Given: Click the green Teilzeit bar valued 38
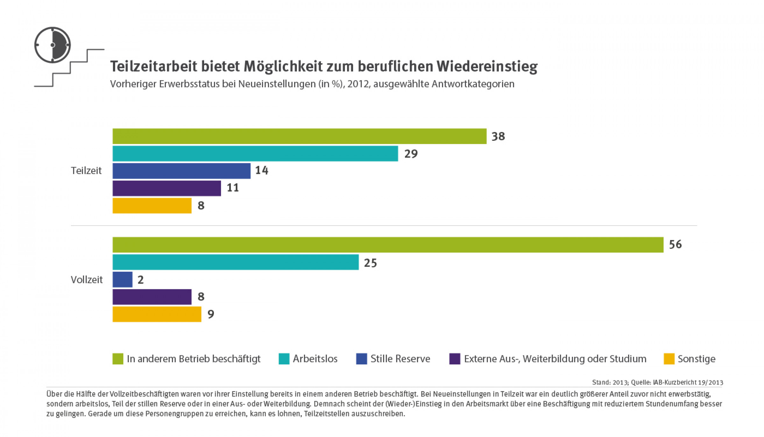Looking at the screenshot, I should [299, 136].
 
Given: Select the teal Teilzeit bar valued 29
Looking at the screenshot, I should [255, 154].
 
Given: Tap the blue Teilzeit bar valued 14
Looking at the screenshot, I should [181, 171].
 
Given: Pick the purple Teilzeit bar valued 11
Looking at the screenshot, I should [166, 188].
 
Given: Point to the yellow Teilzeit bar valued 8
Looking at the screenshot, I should [152, 206].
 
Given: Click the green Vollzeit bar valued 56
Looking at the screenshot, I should [388, 245].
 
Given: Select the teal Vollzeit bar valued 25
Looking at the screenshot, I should [236, 262].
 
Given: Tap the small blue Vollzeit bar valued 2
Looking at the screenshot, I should [123, 279].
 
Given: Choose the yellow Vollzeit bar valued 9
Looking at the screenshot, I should [157, 314].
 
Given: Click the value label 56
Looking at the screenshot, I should [675, 244].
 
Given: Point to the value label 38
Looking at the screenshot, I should [498, 137].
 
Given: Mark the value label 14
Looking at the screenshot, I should [262, 171].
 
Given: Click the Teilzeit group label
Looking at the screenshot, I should [86, 171].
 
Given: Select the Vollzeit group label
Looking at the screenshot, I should [87, 280].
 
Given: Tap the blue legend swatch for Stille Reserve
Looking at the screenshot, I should [361, 359].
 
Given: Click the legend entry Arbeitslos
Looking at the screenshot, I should [315, 359].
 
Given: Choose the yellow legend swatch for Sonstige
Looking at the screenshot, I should [669, 359].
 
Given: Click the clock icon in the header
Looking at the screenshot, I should [53, 45].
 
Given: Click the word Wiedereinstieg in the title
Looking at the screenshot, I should [487, 67].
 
